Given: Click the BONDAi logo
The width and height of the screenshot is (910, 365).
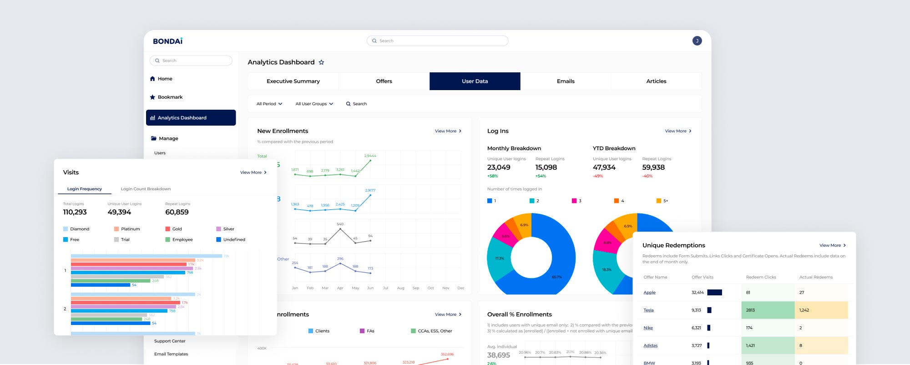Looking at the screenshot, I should [167, 41].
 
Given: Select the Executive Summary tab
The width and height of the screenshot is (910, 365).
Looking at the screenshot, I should [293, 81].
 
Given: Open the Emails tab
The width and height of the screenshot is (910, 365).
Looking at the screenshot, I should [566, 81].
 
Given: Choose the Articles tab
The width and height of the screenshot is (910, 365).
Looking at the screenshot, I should [656, 81].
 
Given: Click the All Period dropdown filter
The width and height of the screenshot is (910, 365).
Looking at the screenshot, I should [269, 104].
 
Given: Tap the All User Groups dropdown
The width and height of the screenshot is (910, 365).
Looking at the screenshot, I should [314, 104].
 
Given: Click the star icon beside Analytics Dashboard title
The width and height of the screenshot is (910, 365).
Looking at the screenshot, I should [321, 62].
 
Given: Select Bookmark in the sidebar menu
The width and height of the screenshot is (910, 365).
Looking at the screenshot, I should [170, 97].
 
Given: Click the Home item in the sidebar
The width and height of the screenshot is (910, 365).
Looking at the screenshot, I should [165, 79].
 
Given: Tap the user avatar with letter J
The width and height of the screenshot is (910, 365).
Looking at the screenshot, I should [697, 41].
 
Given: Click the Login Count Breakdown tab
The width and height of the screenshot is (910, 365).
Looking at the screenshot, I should [146, 189].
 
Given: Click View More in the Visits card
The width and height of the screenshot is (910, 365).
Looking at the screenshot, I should [253, 172].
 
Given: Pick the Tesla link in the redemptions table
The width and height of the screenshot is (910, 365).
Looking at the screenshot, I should [648, 310].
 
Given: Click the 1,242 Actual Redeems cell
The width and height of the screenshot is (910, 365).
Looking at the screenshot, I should [804, 310].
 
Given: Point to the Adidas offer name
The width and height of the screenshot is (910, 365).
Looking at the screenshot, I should [650, 345].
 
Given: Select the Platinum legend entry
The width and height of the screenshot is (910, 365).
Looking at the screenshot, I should [130, 229].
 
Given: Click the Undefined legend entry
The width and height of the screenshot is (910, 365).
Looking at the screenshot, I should [234, 239].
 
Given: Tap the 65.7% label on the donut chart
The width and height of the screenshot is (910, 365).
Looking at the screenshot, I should [556, 277].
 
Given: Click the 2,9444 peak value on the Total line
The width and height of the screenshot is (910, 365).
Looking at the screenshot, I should [370, 156].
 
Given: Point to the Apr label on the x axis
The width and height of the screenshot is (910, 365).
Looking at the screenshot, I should [340, 288].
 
